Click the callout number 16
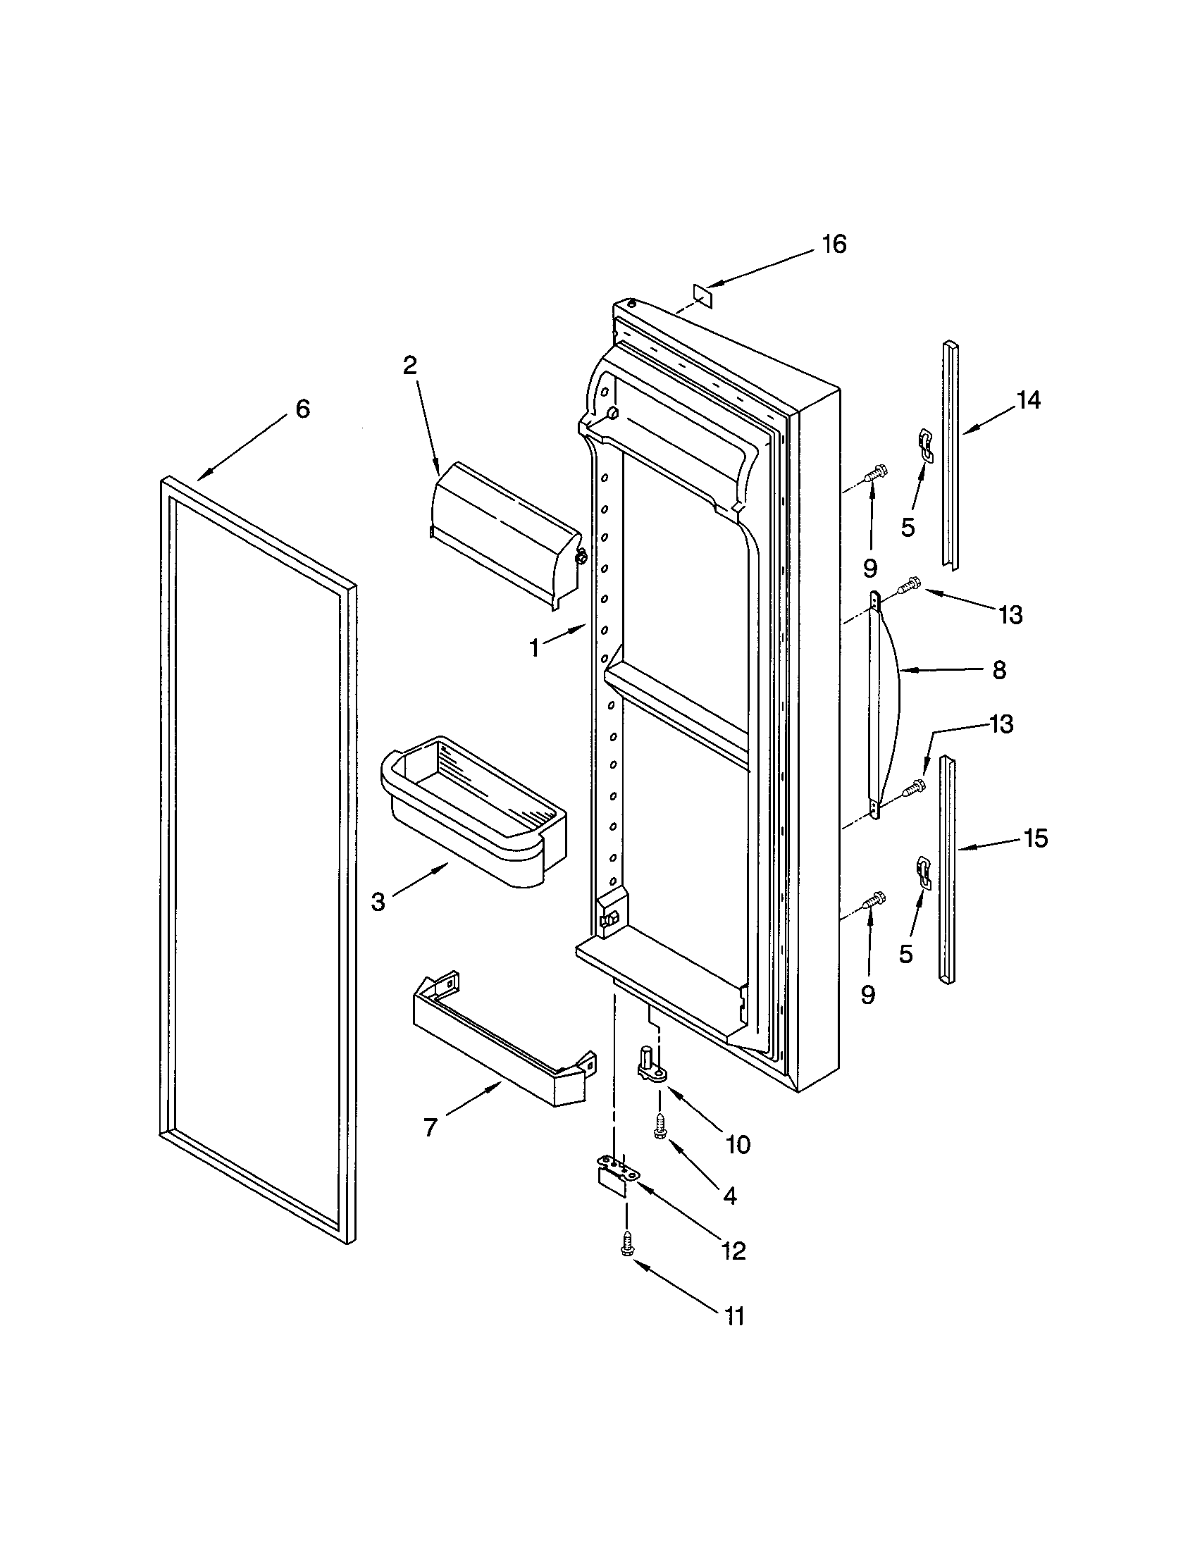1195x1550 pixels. (834, 244)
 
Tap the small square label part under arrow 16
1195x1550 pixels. (702, 294)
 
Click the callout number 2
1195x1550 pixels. (409, 366)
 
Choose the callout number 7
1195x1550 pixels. (430, 1128)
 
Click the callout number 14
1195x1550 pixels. (1028, 401)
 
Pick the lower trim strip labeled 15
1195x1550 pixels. (948, 869)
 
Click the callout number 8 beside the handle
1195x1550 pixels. (999, 669)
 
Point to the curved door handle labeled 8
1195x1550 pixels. (887, 706)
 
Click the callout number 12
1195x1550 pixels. (733, 1251)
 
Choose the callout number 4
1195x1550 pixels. (729, 1196)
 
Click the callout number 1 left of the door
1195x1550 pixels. (534, 647)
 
